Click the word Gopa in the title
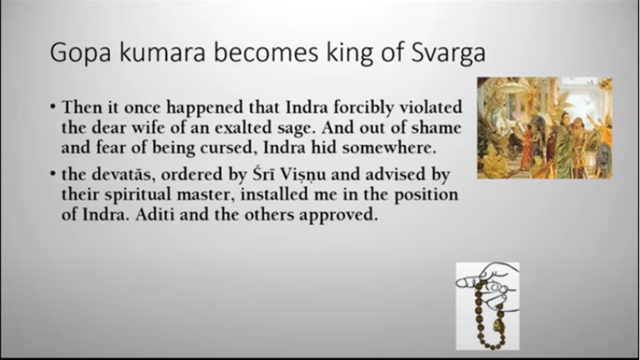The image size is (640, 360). coord(80,53)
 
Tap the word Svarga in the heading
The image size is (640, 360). coord(448,53)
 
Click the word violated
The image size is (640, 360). coord(431,107)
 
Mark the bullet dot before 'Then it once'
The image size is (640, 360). coord(53,108)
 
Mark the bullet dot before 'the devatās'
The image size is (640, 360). coord(53,174)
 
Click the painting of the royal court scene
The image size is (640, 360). coord(544,128)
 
